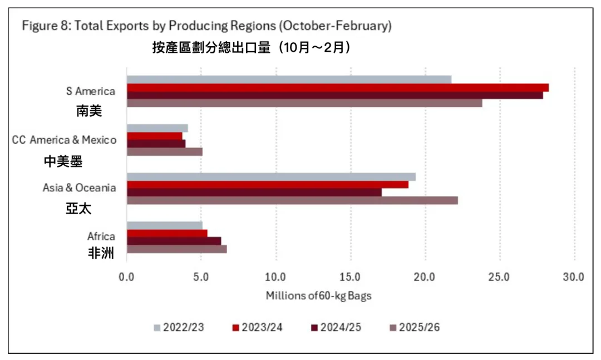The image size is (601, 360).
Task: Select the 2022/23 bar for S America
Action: click(289, 79)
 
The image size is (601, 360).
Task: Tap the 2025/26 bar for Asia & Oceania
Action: click(292, 200)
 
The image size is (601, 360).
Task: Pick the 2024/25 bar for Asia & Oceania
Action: click(254, 193)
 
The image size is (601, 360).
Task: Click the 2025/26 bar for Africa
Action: click(176, 249)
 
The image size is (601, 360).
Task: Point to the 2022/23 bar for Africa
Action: click(164, 225)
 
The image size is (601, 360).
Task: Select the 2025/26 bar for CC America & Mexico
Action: click(164, 151)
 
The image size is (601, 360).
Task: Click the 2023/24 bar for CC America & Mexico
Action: click(154, 136)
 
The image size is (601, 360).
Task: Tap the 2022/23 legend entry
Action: click(178, 327)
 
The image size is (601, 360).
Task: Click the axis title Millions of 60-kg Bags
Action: click(318, 295)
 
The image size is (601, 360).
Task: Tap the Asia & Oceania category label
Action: click(80, 188)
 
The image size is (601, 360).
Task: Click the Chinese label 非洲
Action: click(101, 254)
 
